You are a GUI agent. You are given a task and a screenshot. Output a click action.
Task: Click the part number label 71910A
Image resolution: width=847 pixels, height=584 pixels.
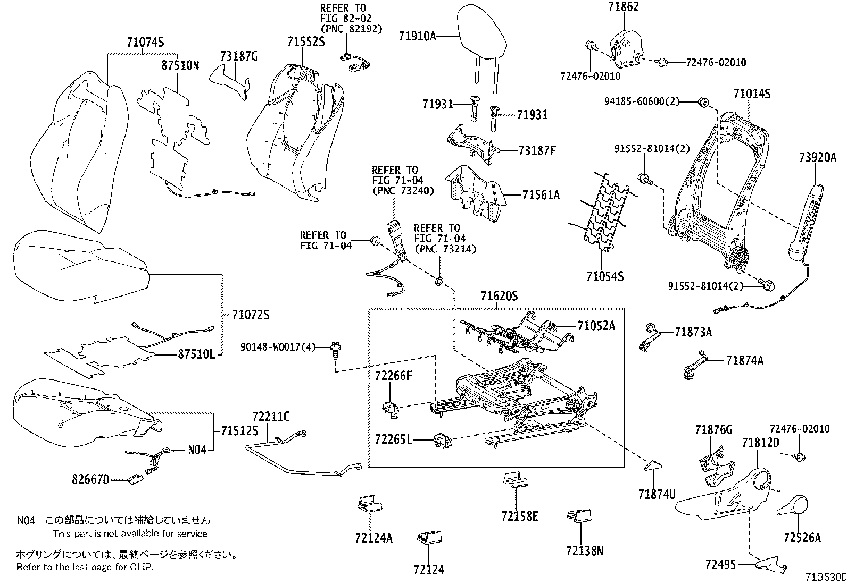click(x=417, y=36)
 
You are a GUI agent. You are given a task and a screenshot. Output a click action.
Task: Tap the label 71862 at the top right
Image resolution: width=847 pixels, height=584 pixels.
click(x=624, y=7)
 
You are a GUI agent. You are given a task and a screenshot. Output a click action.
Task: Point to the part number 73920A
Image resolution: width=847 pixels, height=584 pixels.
click(x=818, y=157)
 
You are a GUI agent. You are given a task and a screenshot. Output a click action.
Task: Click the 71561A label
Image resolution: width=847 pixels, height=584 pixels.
click(x=541, y=195)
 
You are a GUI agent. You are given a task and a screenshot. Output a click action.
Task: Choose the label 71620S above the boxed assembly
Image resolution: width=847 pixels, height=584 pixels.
click(x=499, y=296)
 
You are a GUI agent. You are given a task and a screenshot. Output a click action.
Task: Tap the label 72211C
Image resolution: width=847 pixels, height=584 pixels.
click(x=271, y=417)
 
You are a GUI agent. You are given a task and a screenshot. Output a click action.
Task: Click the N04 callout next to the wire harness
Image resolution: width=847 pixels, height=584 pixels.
click(x=197, y=450)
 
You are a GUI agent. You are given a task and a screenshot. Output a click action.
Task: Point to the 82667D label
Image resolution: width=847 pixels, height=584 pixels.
click(x=90, y=480)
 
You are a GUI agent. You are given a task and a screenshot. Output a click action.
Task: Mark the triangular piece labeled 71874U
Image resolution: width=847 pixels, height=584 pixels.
click(x=652, y=465)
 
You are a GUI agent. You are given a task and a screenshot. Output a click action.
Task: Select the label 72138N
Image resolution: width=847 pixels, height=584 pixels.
click(x=584, y=551)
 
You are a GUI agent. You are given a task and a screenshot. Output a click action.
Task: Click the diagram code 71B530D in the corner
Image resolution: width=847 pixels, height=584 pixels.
click(x=825, y=577)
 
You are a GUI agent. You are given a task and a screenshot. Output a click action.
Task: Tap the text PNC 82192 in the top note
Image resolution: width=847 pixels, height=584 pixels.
click(x=351, y=29)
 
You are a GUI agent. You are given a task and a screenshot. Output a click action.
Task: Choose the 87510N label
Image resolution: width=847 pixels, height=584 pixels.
click(x=180, y=65)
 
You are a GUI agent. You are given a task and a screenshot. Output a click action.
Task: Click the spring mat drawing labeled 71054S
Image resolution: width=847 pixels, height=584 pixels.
click(x=604, y=213)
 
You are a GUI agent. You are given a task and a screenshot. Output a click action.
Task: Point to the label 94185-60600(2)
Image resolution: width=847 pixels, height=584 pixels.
click(x=642, y=101)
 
